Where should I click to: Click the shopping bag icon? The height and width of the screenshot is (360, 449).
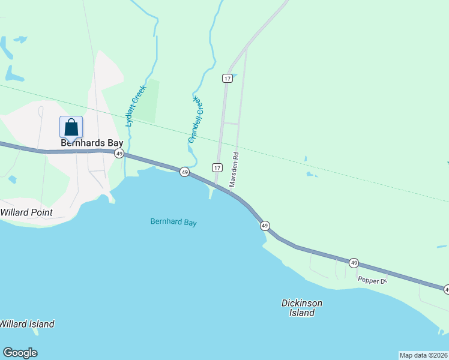coord(71,127)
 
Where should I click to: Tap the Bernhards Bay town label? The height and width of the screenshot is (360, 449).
coord(92,143)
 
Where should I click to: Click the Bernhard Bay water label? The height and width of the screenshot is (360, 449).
coord(173,223)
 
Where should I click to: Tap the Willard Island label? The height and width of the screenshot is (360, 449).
coord(27,324)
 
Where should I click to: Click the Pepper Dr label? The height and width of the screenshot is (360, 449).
coord(373,280)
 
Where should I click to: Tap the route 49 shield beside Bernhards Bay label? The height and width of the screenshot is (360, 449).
coord(119,154)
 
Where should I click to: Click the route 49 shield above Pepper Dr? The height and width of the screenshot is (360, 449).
coord(354,263)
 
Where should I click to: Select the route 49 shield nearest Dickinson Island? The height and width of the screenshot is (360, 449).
coord(265,226)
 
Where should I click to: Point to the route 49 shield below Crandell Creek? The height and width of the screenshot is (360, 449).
coord(185,172)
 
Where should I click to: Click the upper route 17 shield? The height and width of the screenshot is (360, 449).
coord(227,79)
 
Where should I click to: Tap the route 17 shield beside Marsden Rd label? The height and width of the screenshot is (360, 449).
coord(217,167)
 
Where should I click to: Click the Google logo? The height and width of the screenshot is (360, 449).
coord(20,353)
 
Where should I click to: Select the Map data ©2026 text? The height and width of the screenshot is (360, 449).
coord(423,355)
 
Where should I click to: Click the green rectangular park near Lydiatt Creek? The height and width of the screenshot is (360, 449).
coord(150,100)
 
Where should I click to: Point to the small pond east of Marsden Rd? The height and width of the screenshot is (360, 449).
coord(311,175)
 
